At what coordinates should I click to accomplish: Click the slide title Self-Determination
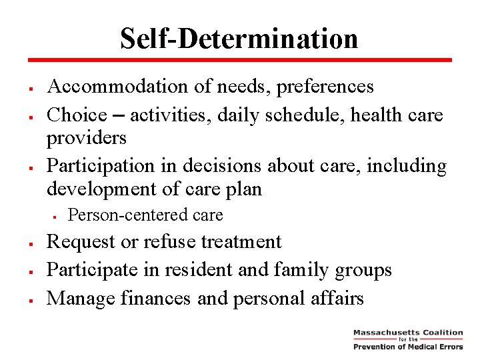(x=239, y=38)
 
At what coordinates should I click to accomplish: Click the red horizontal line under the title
(x=239, y=60)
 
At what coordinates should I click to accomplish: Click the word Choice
(x=77, y=115)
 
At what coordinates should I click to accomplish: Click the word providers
(x=86, y=137)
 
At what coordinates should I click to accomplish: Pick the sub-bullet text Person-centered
(x=120, y=215)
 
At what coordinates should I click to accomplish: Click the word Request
(x=81, y=241)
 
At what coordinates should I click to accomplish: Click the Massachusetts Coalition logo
(x=407, y=339)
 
